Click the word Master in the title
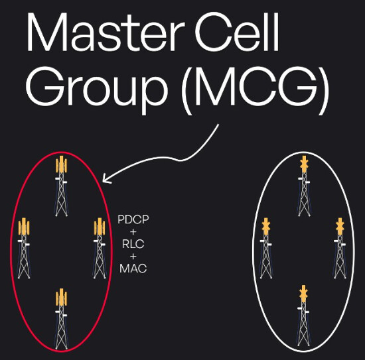106,32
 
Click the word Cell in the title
237,31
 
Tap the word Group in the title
97,90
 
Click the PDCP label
133,219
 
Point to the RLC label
133,244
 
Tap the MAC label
133,269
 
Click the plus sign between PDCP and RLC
133,232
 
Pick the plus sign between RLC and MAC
133,257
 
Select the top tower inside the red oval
61,186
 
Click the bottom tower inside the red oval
61,319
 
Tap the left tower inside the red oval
24,249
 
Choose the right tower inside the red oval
100,249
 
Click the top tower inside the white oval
304,186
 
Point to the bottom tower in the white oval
303,316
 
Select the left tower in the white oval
266,249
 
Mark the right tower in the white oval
340,249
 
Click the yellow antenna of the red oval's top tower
61,164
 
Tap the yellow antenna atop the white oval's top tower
304,164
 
